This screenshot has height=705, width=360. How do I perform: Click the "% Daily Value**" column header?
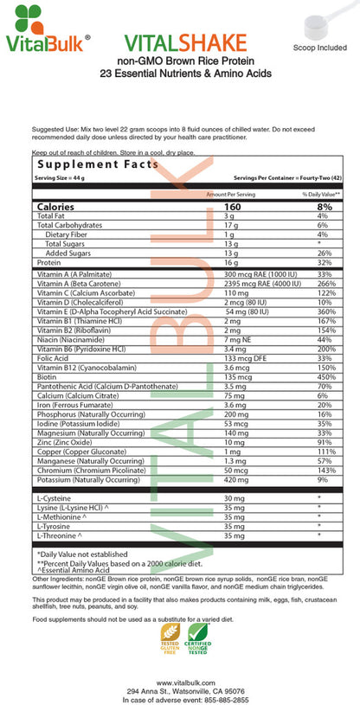point(321,195)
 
